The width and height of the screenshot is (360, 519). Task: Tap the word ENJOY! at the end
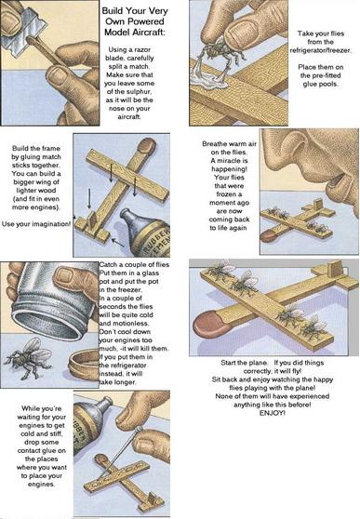(x=272, y=413)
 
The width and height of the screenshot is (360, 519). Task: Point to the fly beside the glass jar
(x=28, y=357)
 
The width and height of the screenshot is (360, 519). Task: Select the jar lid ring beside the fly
(x=84, y=365)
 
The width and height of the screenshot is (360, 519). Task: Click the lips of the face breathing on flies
(x=335, y=180)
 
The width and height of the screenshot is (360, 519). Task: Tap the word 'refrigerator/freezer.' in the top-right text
(x=320, y=50)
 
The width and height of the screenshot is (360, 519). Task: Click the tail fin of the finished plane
(x=336, y=269)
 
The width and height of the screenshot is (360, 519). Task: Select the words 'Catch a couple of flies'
(x=134, y=265)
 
